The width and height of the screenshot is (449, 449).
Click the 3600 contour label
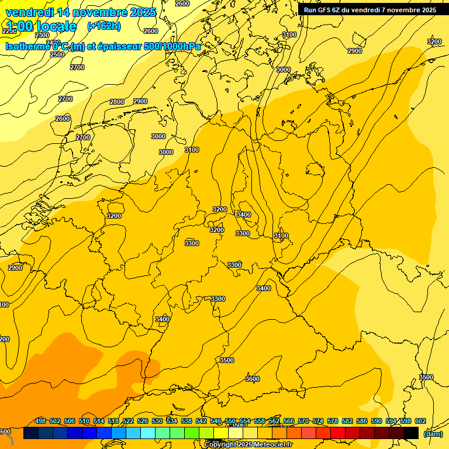tap(252, 379)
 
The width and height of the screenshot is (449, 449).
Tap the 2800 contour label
tap(117, 102)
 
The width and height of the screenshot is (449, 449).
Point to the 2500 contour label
tap(57, 54)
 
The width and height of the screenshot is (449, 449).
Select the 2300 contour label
tap(42, 35)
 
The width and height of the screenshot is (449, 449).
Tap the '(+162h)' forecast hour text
tap(103, 26)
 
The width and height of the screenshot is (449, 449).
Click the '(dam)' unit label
tap(433, 433)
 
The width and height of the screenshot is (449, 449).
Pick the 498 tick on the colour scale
tap(40, 421)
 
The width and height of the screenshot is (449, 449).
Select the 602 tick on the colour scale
tap(420, 421)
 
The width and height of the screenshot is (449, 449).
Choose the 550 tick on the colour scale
tap(230, 421)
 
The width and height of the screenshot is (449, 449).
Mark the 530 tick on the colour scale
tap(157, 421)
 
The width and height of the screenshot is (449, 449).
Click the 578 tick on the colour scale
tap(333, 421)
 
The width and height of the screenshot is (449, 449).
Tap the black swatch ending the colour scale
tap(411, 433)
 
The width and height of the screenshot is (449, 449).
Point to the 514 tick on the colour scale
tap(99, 421)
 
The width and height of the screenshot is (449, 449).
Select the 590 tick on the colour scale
tap(377, 421)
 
